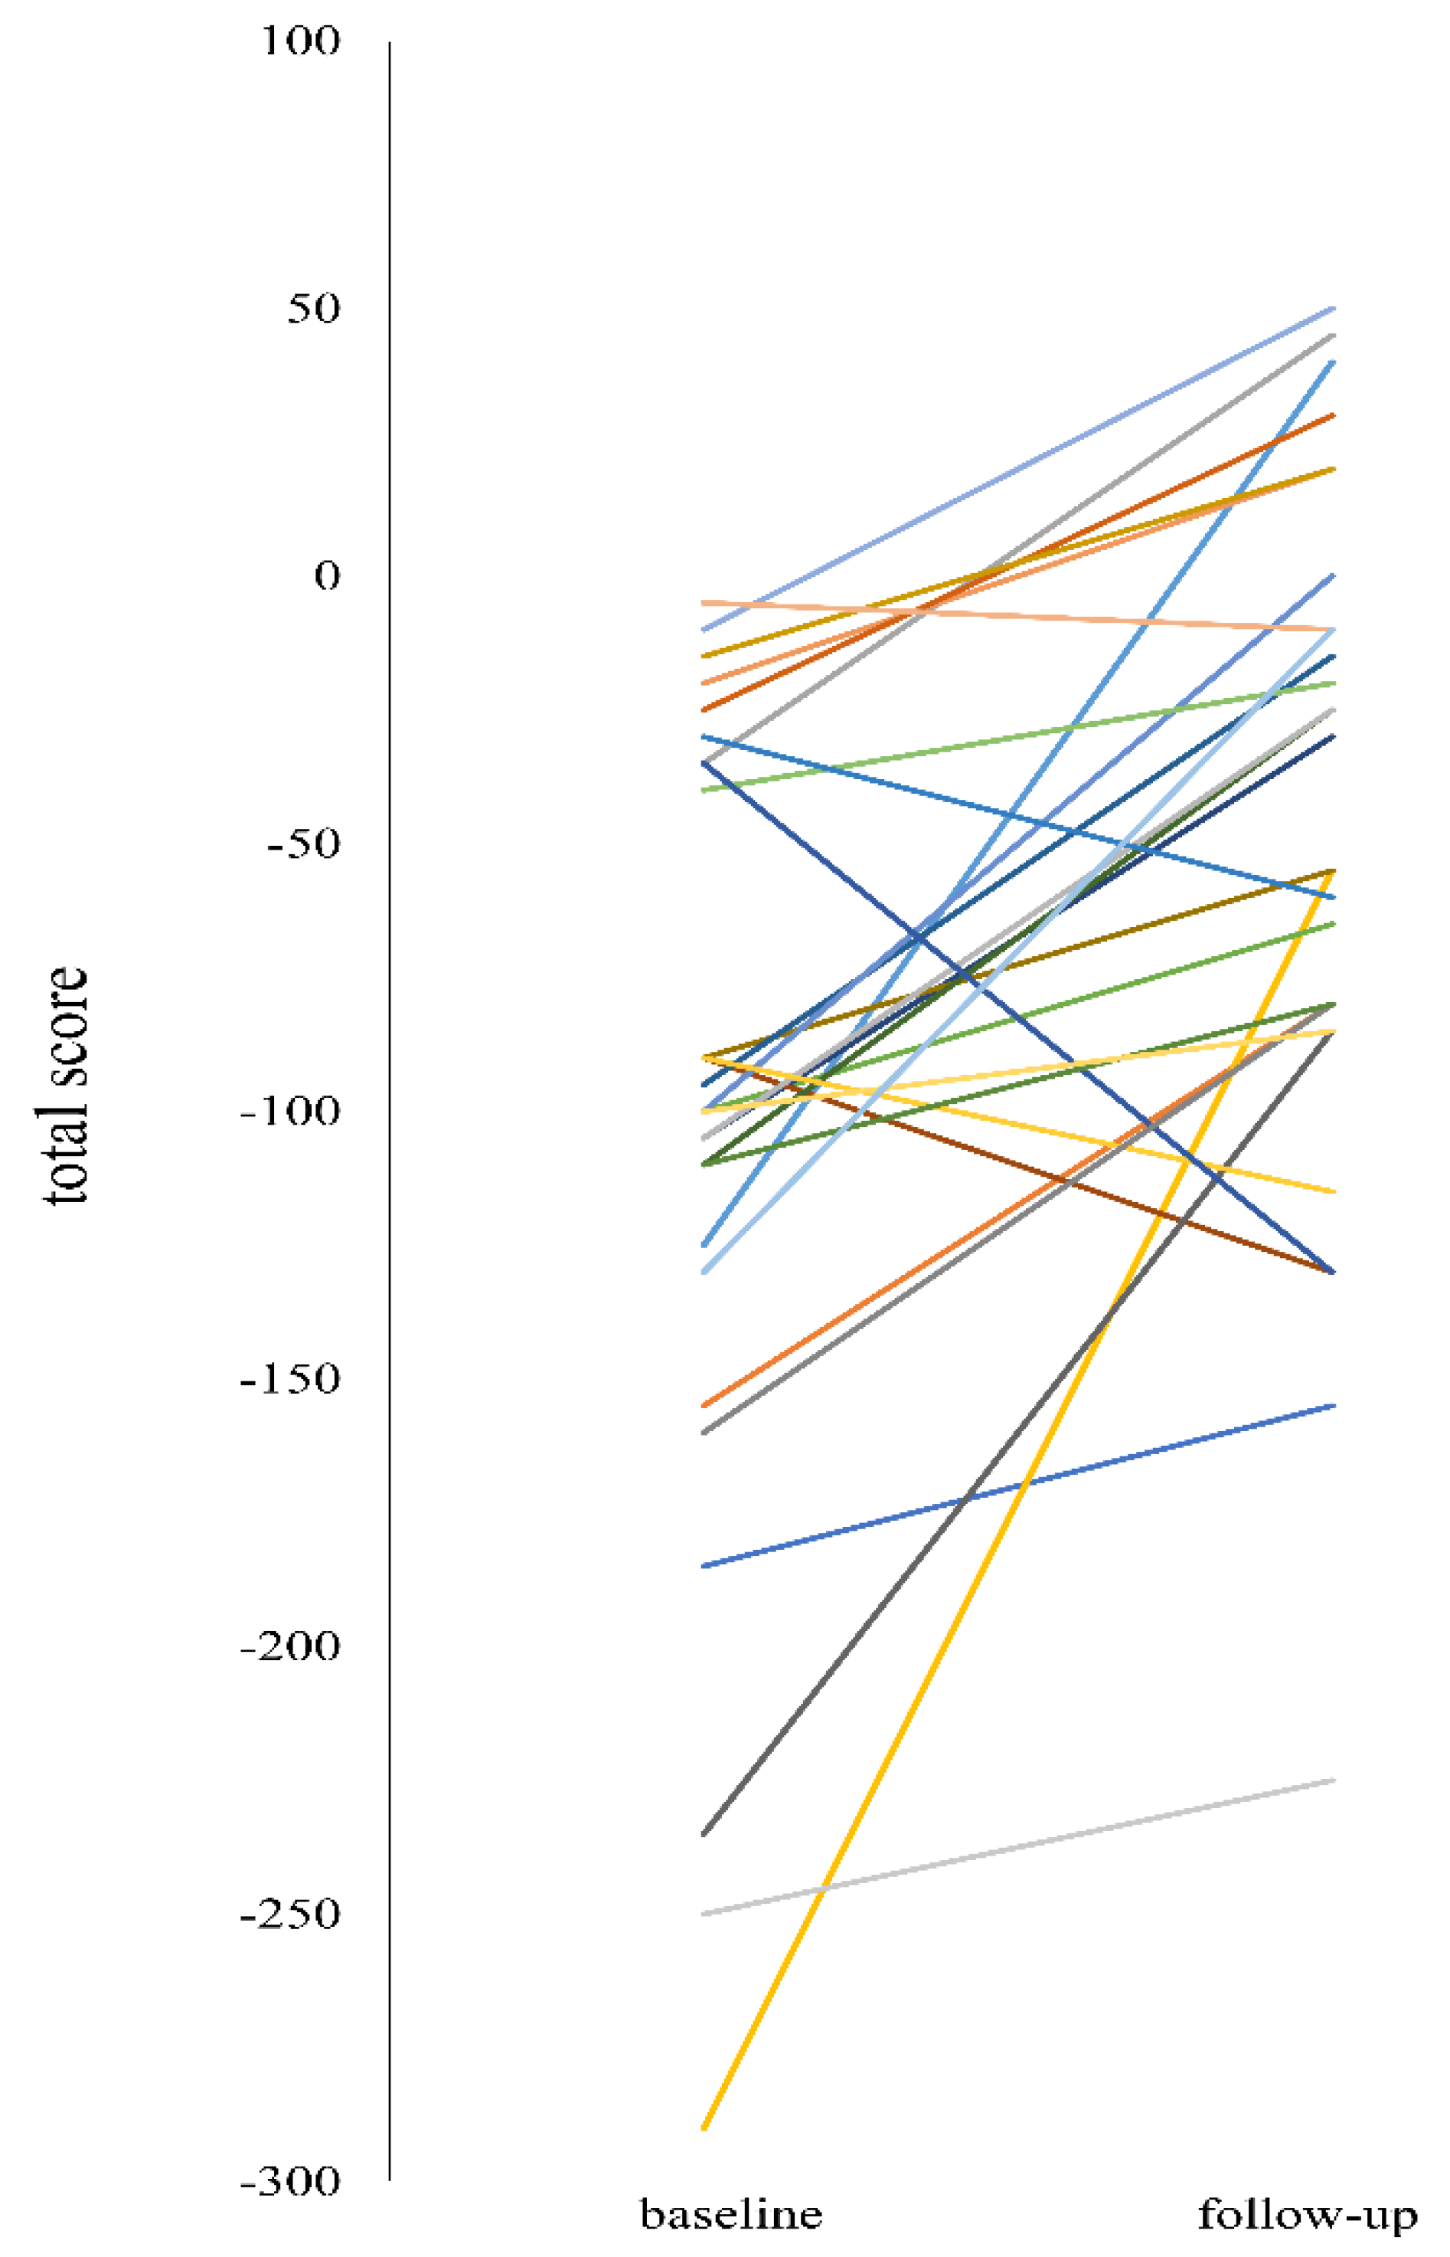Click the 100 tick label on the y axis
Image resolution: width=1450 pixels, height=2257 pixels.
coord(299,41)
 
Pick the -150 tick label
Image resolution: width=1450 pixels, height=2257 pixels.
coord(289,1378)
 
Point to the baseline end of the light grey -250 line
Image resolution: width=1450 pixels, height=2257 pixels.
coord(704,1913)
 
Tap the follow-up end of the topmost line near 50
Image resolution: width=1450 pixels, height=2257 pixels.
coord(1333,308)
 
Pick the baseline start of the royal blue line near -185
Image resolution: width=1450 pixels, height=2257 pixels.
coord(704,1566)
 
